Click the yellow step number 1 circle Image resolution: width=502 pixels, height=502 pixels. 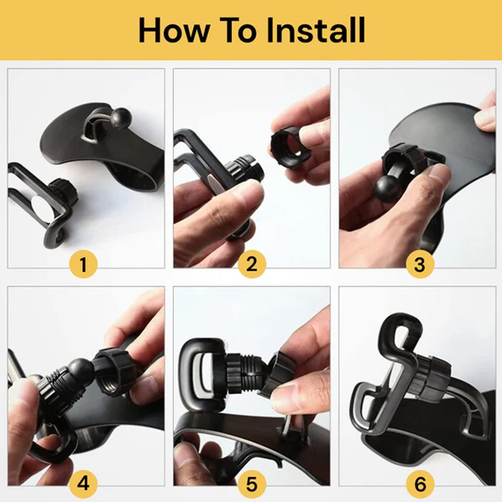[83, 264]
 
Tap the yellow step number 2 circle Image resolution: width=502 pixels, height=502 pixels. [252, 264]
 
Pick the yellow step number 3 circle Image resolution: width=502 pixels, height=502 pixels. [420, 264]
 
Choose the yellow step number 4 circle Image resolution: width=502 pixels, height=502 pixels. [83, 483]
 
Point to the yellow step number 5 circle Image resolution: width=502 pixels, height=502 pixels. [252, 483]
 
